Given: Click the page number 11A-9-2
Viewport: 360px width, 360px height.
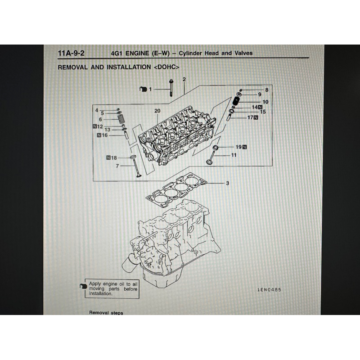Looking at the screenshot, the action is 71,53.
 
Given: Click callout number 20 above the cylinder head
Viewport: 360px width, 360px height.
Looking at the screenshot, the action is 157,111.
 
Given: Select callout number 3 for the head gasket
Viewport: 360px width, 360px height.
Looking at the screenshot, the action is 227,183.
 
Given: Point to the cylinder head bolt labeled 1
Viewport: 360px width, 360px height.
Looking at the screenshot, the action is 171,87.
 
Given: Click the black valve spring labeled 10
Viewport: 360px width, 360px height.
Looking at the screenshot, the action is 236,100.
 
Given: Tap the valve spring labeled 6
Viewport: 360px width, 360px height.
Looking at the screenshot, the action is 121,119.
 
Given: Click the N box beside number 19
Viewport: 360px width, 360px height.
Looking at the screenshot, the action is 244,147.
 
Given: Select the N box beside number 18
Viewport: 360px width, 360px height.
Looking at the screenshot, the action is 108,158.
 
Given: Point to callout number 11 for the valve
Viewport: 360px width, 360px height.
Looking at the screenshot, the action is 234,155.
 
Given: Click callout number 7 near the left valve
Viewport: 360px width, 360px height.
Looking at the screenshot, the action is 117,166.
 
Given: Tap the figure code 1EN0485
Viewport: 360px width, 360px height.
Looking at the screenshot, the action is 269,290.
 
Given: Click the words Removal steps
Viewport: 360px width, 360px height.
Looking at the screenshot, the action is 106,312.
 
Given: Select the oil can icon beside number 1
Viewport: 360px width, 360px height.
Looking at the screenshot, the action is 143,89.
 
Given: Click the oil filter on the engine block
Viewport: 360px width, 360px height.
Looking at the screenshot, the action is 127,265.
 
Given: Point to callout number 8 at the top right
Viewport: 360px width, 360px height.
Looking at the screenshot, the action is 266,90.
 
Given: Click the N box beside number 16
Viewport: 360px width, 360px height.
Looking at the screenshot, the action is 99,135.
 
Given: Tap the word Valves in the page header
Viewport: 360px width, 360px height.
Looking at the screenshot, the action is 243,53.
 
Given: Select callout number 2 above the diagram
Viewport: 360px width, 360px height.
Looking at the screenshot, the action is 184,80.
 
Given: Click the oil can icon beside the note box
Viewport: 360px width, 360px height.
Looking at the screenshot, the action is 83,286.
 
